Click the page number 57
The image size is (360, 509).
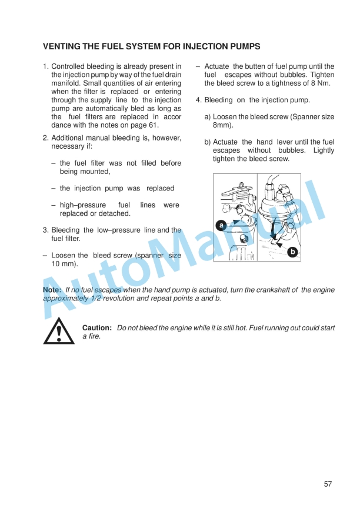pyautogui.click(x=328, y=484)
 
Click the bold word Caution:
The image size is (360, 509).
pyautogui.click(x=97, y=327)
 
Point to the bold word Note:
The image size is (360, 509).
pyautogui.click(x=52, y=290)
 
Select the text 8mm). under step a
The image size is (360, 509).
pyautogui.click(x=223, y=125)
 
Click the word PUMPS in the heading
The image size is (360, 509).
pyautogui.click(x=244, y=46)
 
